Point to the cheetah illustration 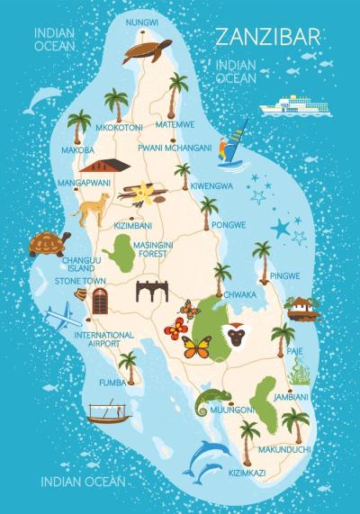(x=94, y=208)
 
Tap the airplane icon (x=62, y=316)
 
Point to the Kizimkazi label (x=247, y=471)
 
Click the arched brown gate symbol (x=152, y=291)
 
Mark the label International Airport (x=103, y=339)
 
